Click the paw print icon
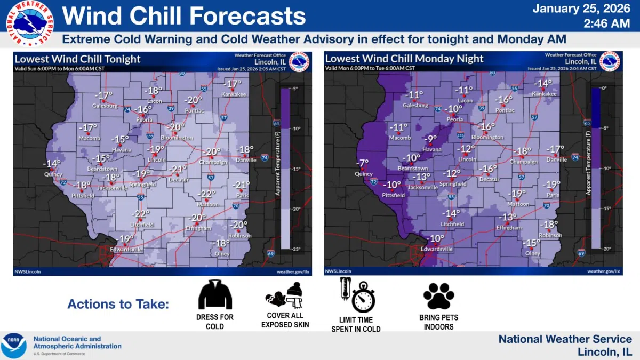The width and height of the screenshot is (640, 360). [x=438, y=297]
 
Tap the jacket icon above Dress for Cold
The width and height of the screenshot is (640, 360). [x=215, y=295]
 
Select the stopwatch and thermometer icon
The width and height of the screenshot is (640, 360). [x=357, y=295]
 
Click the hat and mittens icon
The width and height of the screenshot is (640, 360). [x=284, y=295]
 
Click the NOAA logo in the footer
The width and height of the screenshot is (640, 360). [x=13, y=346]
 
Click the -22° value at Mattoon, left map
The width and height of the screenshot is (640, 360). [x=207, y=194]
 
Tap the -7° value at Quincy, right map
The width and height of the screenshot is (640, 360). [x=363, y=163]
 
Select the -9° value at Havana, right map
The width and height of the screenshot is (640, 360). [x=432, y=140]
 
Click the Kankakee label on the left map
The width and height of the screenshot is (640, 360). [x=234, y=94]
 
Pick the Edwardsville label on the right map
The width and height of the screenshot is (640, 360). [x=436, y=249]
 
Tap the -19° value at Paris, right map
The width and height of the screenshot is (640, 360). [x=551, y=185]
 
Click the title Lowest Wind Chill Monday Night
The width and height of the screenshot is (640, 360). [x=404, y=59]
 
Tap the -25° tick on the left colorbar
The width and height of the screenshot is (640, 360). [x=297, y=249]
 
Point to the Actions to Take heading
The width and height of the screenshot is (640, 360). [x=118, y=305]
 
